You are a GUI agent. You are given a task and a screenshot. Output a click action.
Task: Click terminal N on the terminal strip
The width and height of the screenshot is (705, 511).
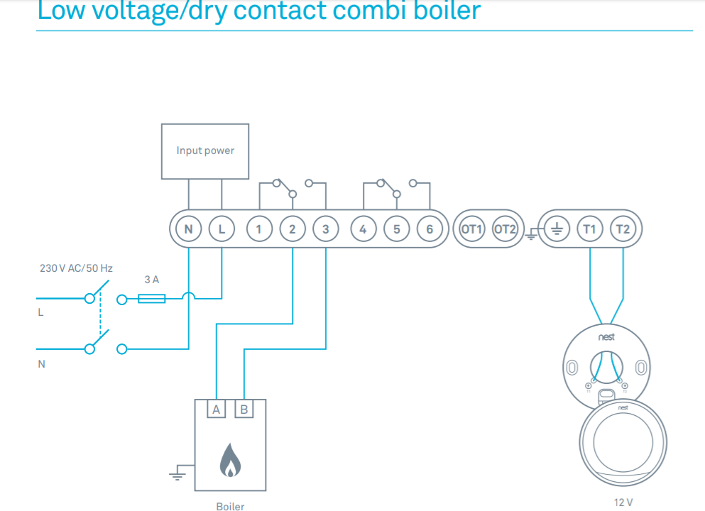point(188,229)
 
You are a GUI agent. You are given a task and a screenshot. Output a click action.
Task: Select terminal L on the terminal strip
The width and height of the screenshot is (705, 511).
point(222,229)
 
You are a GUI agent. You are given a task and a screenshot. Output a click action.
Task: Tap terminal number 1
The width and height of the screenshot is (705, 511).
point(259,229)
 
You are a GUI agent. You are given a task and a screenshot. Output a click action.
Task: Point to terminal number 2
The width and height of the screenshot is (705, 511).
point(292,229)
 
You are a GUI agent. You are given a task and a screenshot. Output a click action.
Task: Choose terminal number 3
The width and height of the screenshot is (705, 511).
point(325,229)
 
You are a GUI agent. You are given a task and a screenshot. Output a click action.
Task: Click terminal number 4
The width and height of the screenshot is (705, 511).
point(363,229)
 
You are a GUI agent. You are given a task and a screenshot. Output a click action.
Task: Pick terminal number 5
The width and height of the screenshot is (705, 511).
point(396,229)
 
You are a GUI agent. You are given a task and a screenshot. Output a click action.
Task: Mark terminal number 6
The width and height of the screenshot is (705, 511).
point(430,229)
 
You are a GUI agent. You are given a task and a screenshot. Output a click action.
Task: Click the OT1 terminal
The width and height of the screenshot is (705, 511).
point(471,229)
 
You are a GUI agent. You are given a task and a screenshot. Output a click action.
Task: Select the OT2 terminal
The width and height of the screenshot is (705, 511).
point(504,229)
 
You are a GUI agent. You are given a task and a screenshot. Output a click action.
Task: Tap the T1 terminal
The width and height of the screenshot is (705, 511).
point(589,229)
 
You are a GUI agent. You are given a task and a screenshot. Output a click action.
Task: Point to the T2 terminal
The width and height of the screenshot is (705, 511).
point(623,229)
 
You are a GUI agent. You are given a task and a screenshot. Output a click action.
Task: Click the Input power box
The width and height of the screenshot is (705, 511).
point(205,150)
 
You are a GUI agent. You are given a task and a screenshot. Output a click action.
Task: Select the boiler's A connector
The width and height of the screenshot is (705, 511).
point(216,409)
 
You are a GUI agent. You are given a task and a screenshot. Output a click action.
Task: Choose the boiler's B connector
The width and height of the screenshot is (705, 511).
point(244,409)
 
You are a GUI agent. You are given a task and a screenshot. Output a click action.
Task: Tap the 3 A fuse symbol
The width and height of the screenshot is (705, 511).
point(151,299)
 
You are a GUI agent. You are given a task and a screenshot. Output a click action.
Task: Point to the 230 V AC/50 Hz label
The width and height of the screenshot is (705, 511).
point(76,269)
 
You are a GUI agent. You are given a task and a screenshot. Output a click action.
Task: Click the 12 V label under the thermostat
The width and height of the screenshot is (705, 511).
point(623,502)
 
